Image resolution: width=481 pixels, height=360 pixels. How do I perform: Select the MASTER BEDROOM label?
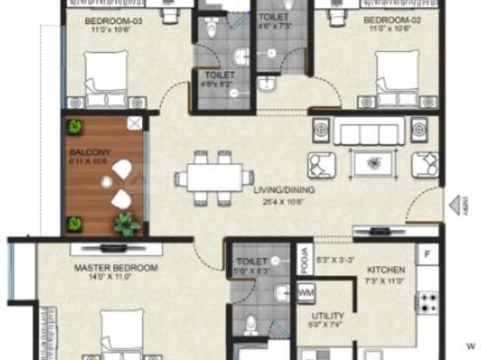pos(116,268)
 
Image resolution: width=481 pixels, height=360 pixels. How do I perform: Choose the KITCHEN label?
pos(386,269)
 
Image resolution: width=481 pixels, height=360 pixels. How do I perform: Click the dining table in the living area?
pos(214,178)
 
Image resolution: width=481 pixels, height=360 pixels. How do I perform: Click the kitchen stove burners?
pos(429,303)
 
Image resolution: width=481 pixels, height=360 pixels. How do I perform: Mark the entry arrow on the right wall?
pos(457,204)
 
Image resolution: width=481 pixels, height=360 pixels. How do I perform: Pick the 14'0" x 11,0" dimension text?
pos(116,278)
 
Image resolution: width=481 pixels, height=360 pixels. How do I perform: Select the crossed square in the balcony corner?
pos(135,124)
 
